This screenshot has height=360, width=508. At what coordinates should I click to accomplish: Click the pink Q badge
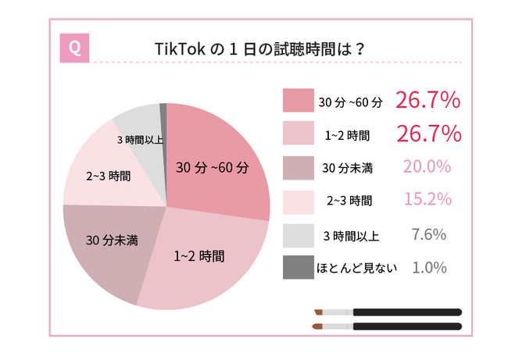(74, 47)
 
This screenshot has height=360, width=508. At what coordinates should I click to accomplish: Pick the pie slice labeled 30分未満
(109, 242)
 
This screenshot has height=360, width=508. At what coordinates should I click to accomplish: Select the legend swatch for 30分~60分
(298, 101)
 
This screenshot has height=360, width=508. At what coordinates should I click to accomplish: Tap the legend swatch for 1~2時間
(298, 134)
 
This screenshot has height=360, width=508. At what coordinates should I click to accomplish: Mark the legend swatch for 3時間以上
(298, 234)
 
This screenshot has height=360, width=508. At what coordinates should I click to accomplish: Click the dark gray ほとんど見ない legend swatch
(298, 268)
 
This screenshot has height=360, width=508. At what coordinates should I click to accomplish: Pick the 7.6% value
(428, 233)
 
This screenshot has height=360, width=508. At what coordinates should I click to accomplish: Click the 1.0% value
(428, 267)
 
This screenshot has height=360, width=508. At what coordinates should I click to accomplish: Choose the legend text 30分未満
(348, 168)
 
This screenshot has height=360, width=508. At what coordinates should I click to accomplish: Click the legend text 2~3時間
(349, 201)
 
